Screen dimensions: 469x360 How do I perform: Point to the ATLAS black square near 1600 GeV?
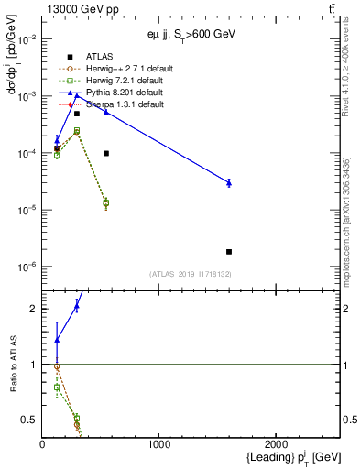229,251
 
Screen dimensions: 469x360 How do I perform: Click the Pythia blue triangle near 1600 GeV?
229,183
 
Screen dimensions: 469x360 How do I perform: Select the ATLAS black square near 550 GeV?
106,153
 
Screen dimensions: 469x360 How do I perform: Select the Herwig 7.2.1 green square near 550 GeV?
106,202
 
